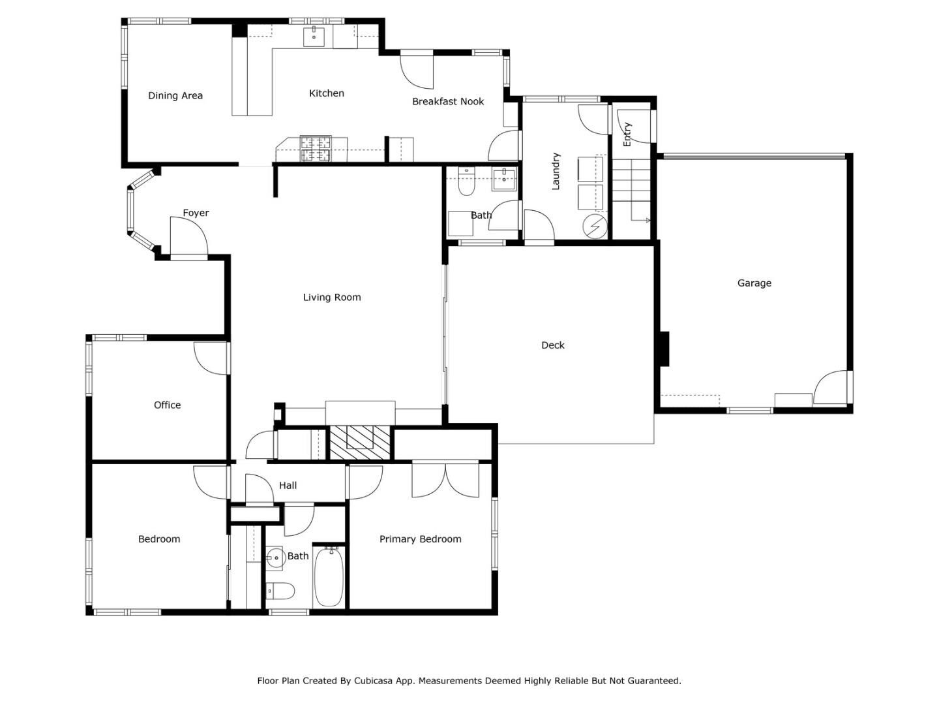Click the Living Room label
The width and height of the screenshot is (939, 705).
click(x=332, y=298)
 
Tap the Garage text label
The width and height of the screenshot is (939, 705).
click(x=754, y=283)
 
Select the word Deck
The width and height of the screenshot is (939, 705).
click(x=552, y=345)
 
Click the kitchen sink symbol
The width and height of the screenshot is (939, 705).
click(x=314, y=37)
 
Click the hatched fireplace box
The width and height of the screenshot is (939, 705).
click(x=359, y=443)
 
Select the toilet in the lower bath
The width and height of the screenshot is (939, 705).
click(x=280, y=591)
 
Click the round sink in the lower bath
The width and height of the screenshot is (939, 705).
click(x=275, y=557)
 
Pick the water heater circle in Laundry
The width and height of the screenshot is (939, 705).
click(x=595, y=226)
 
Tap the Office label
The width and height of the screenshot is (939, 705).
click(x=167, y=405)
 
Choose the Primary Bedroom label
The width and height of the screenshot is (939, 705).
click(x=420, y=539)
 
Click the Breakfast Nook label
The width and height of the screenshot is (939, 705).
click(x=448, y=102)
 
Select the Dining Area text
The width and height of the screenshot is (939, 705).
click(x=175, y=96)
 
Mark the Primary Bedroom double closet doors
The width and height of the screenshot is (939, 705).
click(x=445, y=479)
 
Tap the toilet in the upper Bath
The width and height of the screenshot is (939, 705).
click(x=466, y=185)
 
